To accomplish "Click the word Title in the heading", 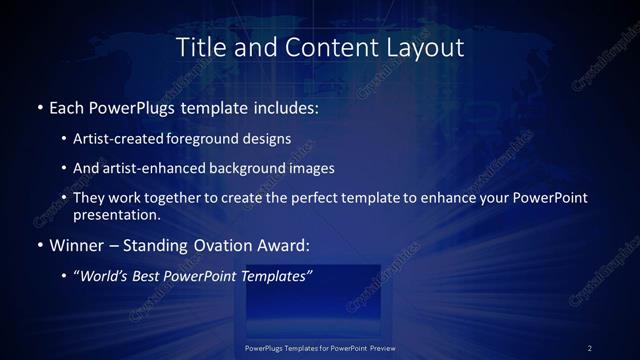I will (x=200, y=46).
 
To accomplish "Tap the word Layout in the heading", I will (x=428, y=46).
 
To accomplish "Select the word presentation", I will (x=115, y=214).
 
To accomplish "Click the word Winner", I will (x=77, y=244).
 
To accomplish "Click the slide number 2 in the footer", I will (x=590, y=348).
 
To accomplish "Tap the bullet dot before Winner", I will (x=39, y=244).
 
